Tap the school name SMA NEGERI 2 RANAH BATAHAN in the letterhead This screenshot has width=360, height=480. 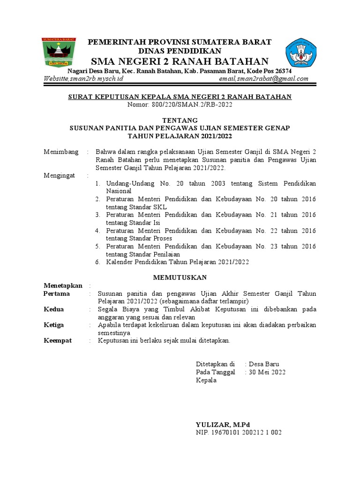[x=180, y=62]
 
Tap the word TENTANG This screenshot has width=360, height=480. [x=180, y=120]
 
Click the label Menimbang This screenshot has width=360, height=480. [x=62, y=152]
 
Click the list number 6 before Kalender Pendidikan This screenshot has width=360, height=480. [x=98, y=262]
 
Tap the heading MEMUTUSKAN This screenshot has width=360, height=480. [x=180, y=277]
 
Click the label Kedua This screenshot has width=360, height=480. [x=54, y=309]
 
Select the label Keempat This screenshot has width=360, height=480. [x=58, y=341]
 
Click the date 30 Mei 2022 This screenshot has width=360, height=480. [x=267, y=372]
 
